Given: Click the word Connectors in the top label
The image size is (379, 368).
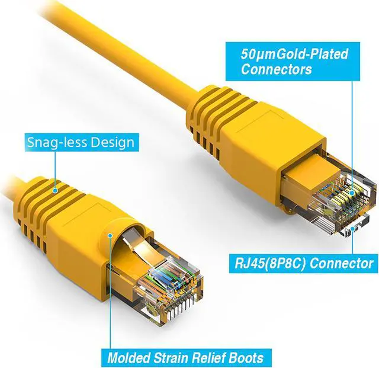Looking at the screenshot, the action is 276,69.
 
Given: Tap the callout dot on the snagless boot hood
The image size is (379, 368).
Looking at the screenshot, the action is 110,236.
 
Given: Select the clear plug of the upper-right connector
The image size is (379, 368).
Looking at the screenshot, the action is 332,196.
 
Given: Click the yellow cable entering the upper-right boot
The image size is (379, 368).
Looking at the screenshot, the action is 172,65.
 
